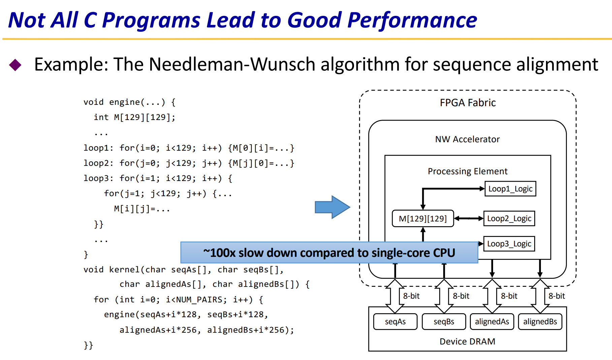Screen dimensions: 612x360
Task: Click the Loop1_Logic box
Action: pyautogui.click(x=510, y=189)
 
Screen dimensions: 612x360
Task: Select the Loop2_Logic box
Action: pyautogui.click(x=509, y=218)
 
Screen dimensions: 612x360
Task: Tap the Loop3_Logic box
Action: pyautogui.click(x=509, y=244)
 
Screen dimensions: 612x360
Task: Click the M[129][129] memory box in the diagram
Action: pyautogui.click(x=423, y=218)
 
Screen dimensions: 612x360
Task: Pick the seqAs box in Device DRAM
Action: pyautogui.click(x=395, y=322)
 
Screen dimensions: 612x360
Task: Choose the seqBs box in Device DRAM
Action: pyautogui.click(x=444, y=322)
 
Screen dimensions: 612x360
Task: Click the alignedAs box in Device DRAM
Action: pyautogui.click(x=492, y=322)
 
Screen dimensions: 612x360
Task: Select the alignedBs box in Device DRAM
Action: pyautogui.click(x=540, y=322)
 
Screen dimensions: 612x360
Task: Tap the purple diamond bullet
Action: pyautogui.click(x=15, y=65)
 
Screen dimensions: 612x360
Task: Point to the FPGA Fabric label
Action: pyautogui.click(x=468, y=103)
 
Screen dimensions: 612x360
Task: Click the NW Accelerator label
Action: pyautogui.click(x=468, y=139)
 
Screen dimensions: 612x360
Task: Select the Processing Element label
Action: pyautogui.click(x=468, y=171)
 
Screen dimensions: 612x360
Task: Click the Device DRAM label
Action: pyautogui.click(x=468, y=341)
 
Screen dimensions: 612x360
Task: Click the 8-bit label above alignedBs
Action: pyautogui.click(x=557, y=296)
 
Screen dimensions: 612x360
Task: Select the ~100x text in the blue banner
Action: pyautogui.click(x=219, y=253)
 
